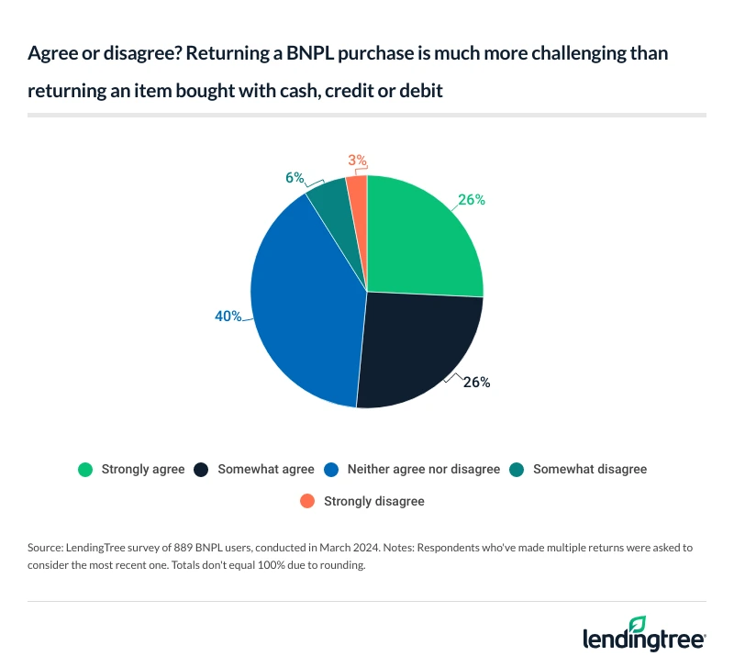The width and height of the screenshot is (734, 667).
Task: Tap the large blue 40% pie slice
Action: (x=303, y=303)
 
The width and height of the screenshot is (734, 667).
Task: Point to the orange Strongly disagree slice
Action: (x=358, y=188)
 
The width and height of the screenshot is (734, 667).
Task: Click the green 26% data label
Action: (x=472, y=200)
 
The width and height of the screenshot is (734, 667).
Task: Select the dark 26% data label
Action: (x=477, y=383)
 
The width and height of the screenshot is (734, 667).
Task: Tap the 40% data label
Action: (x=228, y=317)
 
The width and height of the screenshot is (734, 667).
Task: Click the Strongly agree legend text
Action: (x=143, y=469)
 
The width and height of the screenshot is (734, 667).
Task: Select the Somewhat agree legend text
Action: (x=266, y=469)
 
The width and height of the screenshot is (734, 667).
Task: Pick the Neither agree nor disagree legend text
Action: (x=423, y=469)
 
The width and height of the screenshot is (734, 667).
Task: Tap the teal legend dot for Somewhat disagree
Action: (x=518, y=469)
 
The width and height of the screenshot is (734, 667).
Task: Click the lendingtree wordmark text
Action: (x=641, y=640)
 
